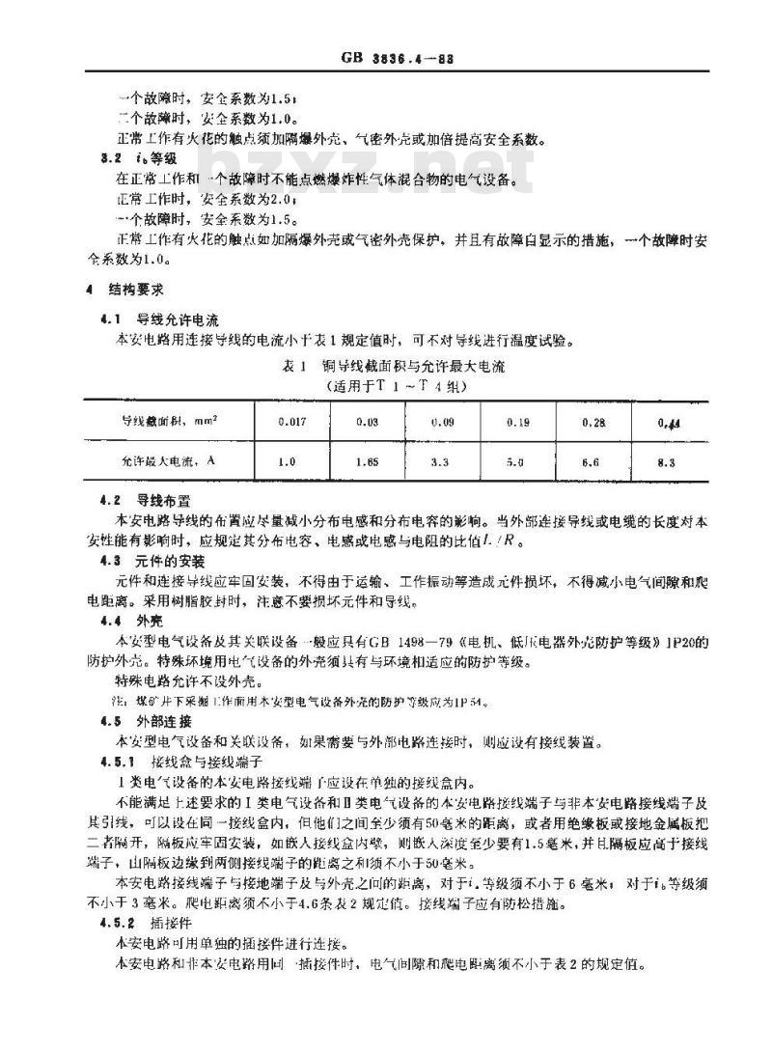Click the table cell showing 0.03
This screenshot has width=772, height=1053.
point(366,420)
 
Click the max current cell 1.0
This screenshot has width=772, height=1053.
point(287,462)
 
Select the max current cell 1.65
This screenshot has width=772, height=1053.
point(366,462)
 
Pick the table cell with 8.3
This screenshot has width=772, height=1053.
point(667,462)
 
